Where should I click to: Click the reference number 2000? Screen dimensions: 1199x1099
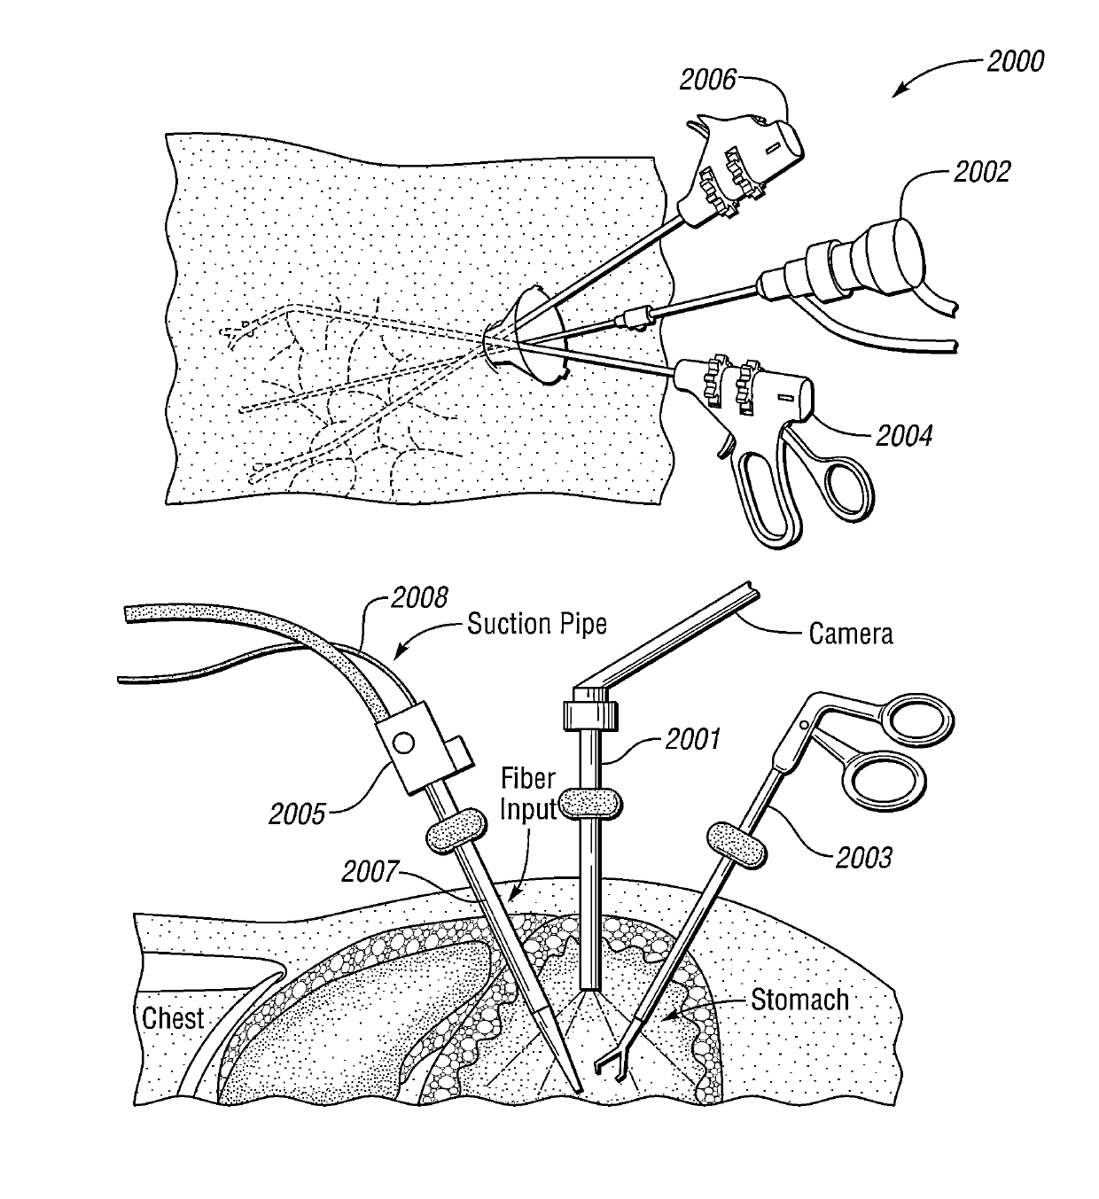point(1014,60)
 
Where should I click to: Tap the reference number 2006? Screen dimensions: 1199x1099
point(708,80)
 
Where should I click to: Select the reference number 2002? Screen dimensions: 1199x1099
point(981,171)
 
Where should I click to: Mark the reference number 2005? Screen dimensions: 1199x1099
point(298,813)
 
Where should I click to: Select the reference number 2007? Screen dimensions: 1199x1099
point(370,872)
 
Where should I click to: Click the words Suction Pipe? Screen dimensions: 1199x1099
point(537,624)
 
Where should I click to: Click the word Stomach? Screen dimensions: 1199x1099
point(799,1000)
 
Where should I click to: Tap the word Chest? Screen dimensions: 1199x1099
point(173,1018)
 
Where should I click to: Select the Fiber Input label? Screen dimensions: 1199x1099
point(528,794)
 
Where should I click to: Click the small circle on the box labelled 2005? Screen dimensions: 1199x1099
point(405,741)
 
